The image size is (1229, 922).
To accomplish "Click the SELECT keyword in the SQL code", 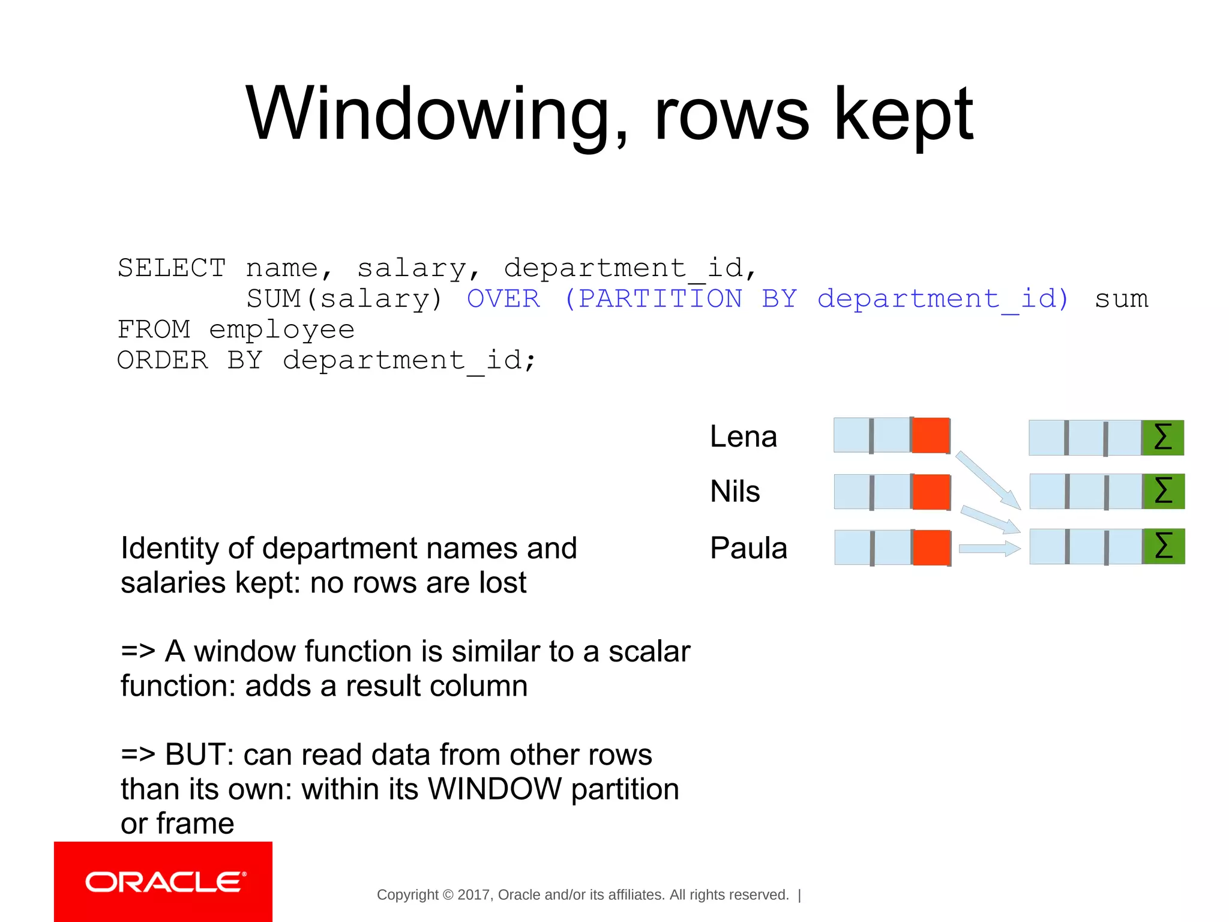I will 172,268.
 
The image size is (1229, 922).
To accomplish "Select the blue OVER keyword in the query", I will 503,299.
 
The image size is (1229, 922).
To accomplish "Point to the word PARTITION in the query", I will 660,299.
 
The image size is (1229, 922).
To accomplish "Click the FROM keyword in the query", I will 154,330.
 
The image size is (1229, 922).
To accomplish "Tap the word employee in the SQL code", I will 281,330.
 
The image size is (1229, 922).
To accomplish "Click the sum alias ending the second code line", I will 1121,299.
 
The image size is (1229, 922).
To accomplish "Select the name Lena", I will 743,436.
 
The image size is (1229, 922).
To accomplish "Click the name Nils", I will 735,491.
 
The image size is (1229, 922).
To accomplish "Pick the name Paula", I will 748,547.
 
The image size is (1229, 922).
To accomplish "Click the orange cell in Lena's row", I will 931,435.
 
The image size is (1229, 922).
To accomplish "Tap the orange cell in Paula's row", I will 931,547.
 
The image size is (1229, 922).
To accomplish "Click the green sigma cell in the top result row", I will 1163,438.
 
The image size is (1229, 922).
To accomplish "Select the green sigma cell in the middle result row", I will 1164,491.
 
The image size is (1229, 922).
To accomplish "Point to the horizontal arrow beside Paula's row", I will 989,548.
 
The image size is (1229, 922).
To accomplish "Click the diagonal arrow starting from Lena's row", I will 988,480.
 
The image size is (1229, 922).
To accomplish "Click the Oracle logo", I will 163,882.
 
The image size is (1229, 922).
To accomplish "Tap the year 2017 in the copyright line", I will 473,895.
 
